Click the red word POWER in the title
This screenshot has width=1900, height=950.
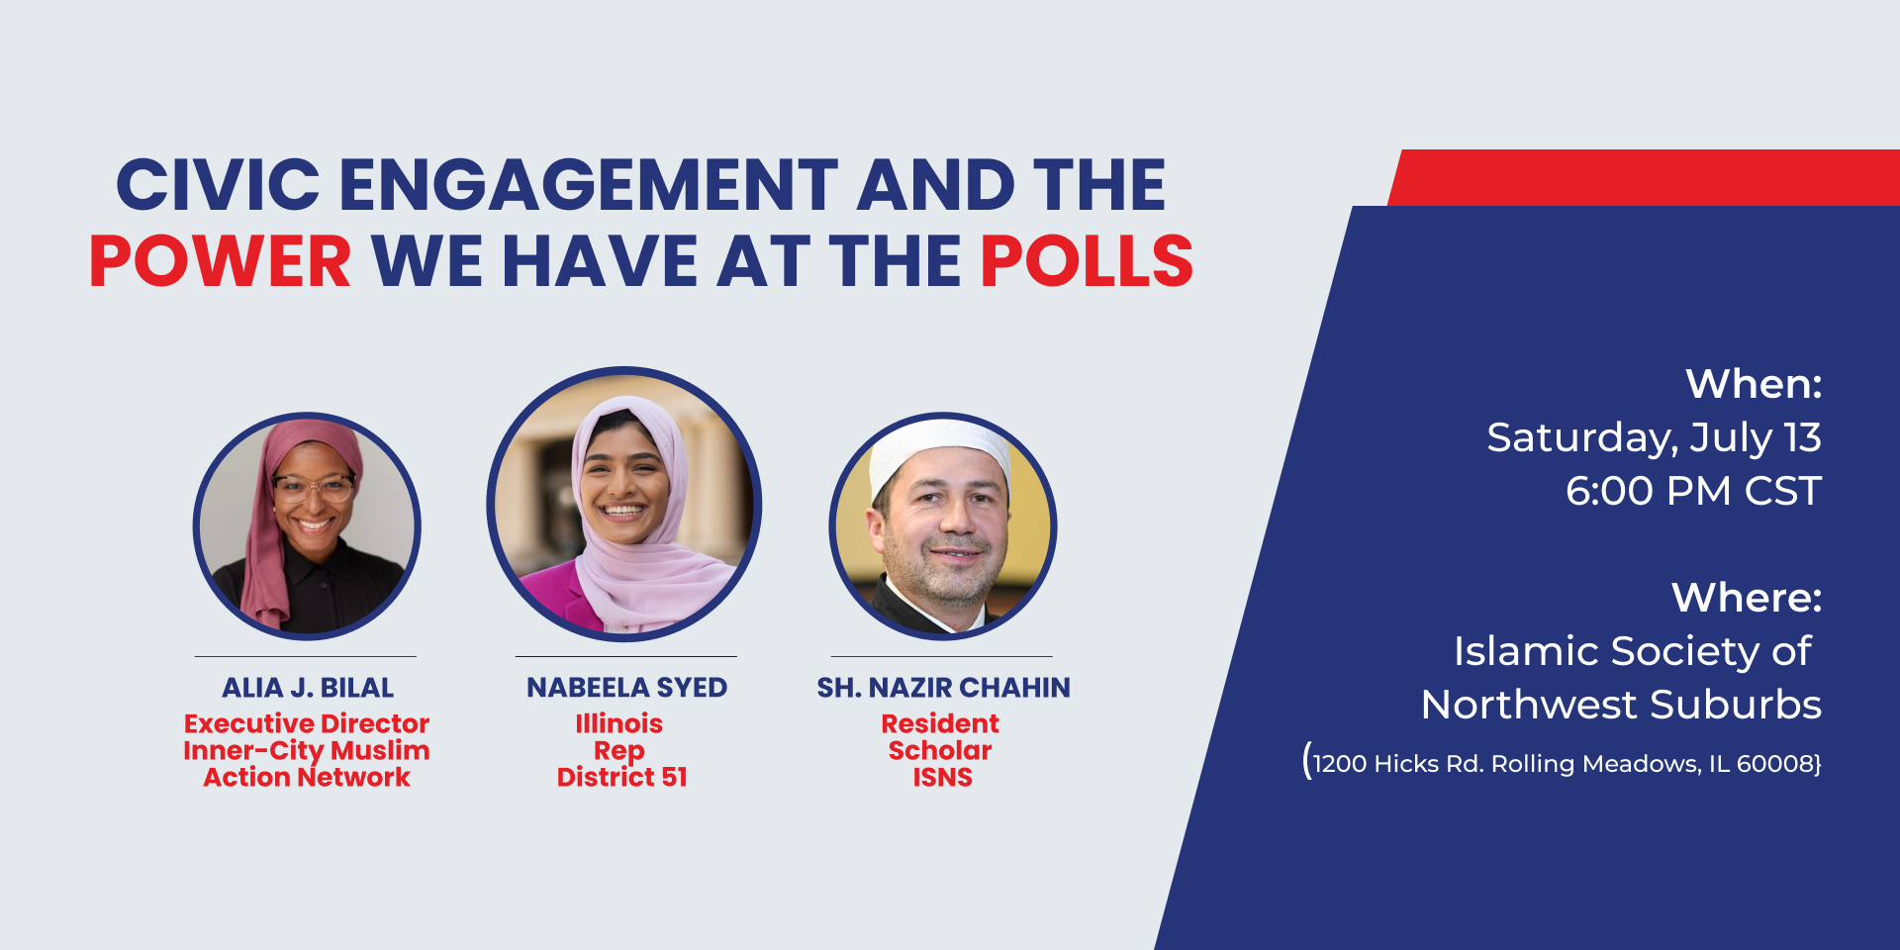click(221, 261)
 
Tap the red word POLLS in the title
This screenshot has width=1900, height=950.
click(1087, 261)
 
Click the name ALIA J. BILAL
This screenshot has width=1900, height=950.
click(308, 688)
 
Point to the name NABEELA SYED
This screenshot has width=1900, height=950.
click(626, 688)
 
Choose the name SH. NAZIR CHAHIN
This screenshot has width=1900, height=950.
click(943, 688)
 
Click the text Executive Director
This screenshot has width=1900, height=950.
click(307, 723)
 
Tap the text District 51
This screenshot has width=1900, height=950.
click(621, 777)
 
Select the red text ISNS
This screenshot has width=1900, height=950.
click(942, 777)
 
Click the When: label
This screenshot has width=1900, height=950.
click(1754, 384)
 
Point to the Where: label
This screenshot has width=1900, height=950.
click(1747, 598)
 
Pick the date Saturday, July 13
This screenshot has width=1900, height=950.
click(1654, 437)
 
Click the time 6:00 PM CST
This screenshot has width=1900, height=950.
click(1693, 491)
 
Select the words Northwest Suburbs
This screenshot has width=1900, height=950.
click(1621, 705)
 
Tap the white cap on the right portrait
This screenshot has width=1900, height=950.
click(940, 447)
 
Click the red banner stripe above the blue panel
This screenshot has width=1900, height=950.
click(1644, 178)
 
